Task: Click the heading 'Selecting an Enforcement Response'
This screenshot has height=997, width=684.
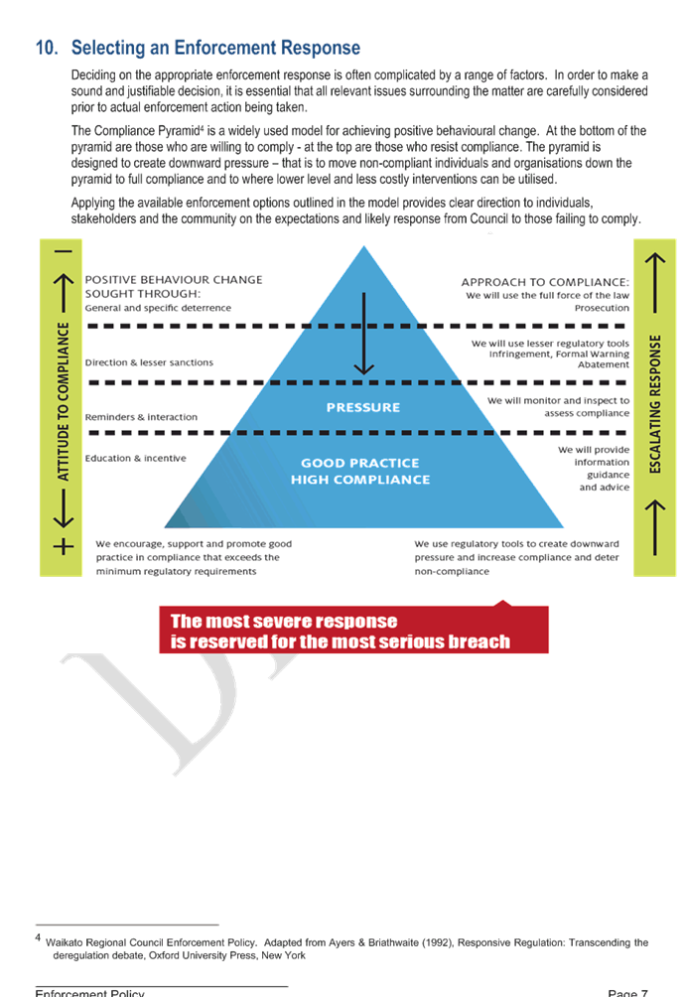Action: point(215,48)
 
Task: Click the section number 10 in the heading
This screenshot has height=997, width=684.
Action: point(47,48)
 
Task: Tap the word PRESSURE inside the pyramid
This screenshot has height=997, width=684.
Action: point(363,407)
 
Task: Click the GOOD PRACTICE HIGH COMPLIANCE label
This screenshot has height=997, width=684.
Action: point(360,471)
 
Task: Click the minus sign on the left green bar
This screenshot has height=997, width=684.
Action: point(64,251)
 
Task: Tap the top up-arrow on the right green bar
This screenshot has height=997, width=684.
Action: point(655,268)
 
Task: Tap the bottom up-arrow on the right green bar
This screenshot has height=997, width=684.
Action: point(655,513)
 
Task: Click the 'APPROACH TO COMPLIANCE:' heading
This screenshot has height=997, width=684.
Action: point(545,281)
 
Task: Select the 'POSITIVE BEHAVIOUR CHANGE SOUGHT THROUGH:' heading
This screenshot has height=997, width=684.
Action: point(174,287)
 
